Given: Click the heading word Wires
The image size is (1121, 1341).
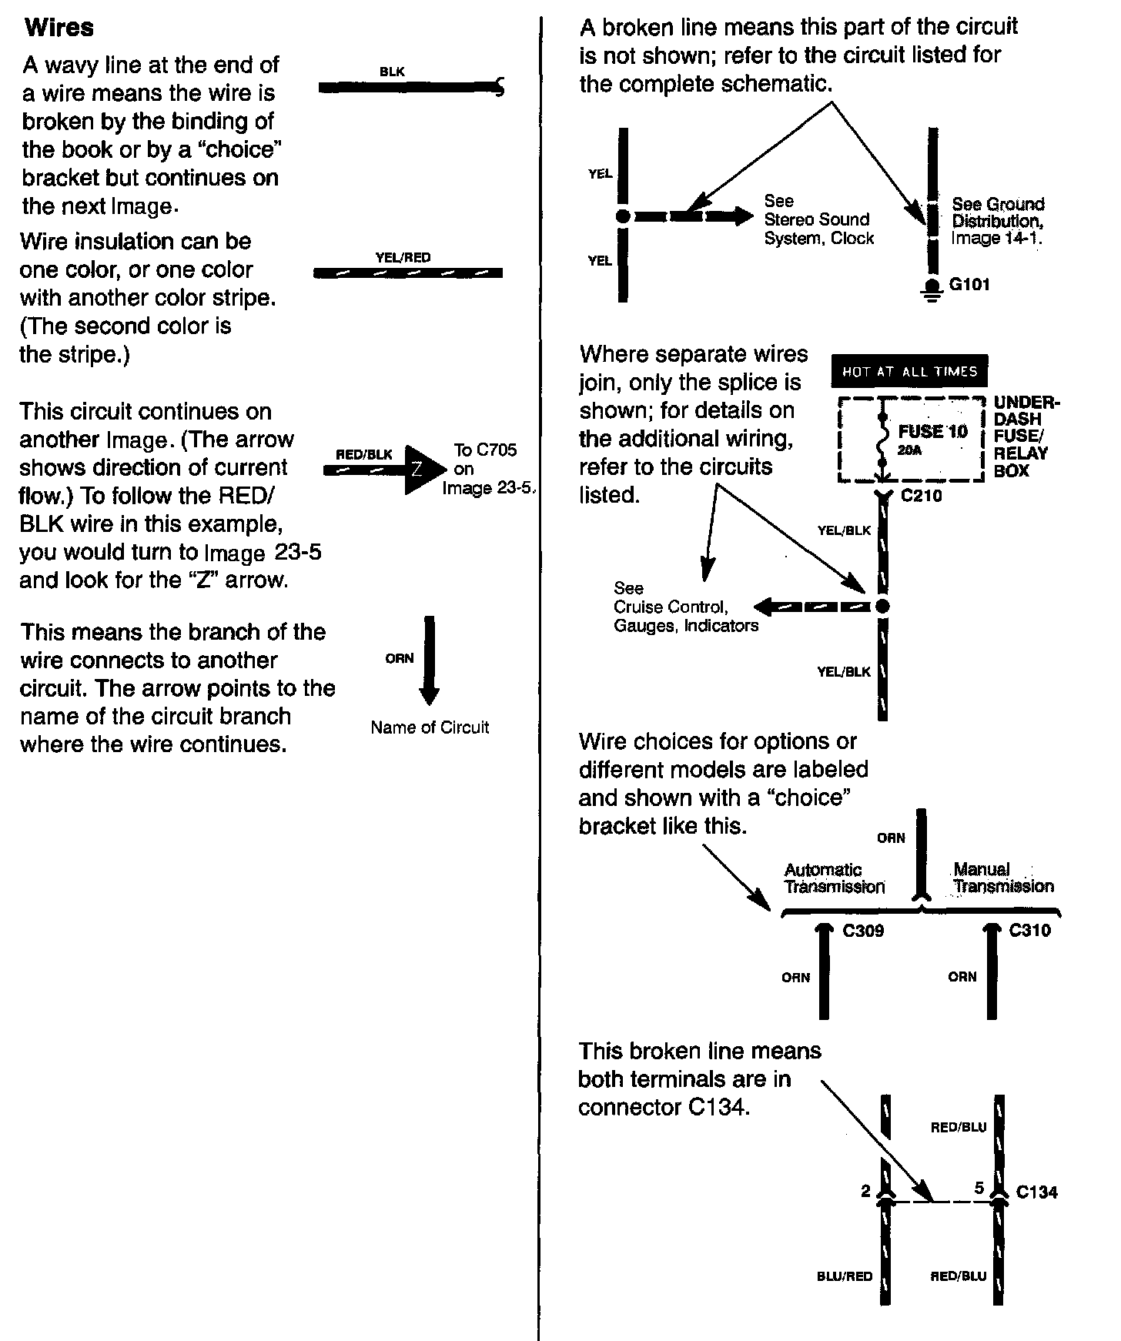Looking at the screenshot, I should point(59,28).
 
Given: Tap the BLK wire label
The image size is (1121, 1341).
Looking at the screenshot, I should point(392,72).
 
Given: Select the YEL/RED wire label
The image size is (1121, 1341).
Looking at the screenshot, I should point(403,257).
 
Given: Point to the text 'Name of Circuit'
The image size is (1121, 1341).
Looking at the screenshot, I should point(430,727).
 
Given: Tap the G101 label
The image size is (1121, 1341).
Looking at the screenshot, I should point(969,284).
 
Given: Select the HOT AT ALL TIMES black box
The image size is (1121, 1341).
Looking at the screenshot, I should point(909,371).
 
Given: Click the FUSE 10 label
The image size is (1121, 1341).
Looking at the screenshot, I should point(932,431).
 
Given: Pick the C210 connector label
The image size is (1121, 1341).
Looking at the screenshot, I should point(922,496).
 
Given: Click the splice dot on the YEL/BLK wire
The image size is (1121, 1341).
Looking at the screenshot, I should point(883,607).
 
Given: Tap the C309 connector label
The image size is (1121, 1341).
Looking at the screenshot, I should point(863,931).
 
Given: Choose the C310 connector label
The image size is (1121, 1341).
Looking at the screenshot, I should point(1029,930).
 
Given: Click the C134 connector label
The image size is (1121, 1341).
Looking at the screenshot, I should point(1036,1192).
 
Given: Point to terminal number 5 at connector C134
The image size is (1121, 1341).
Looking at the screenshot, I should point(979,1188).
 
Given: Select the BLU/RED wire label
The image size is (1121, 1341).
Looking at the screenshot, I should point(845,1276).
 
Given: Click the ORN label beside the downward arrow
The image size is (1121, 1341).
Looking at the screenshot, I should point(400,658).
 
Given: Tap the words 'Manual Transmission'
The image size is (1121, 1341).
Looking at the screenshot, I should point(1002,878).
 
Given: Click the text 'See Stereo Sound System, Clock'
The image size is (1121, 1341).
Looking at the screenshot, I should point(818,219).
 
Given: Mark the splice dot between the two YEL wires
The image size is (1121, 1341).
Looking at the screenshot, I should point(623,216).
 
